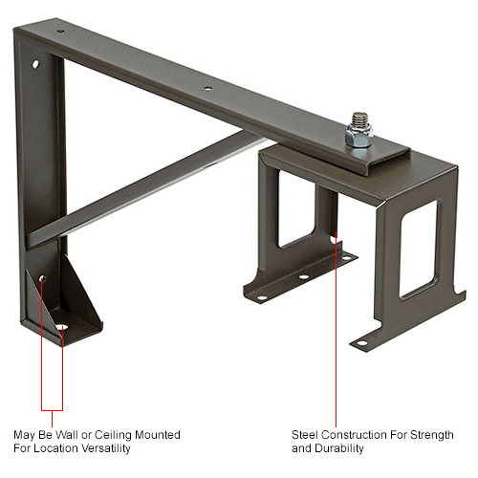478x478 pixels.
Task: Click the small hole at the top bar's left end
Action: (x=60, y=32)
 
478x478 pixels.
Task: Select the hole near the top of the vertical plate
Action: (x=34, y=67)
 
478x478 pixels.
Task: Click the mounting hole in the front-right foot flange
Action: (x=364, y=336)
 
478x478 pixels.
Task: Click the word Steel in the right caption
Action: (x=306, y=434)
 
